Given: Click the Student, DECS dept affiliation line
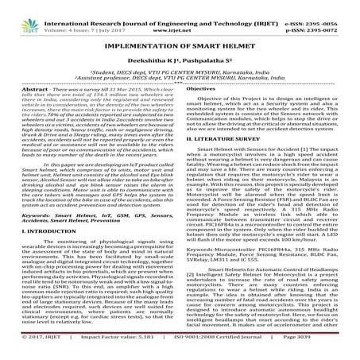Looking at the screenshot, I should click(180, 72).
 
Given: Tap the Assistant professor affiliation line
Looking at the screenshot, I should click(180, 79).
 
